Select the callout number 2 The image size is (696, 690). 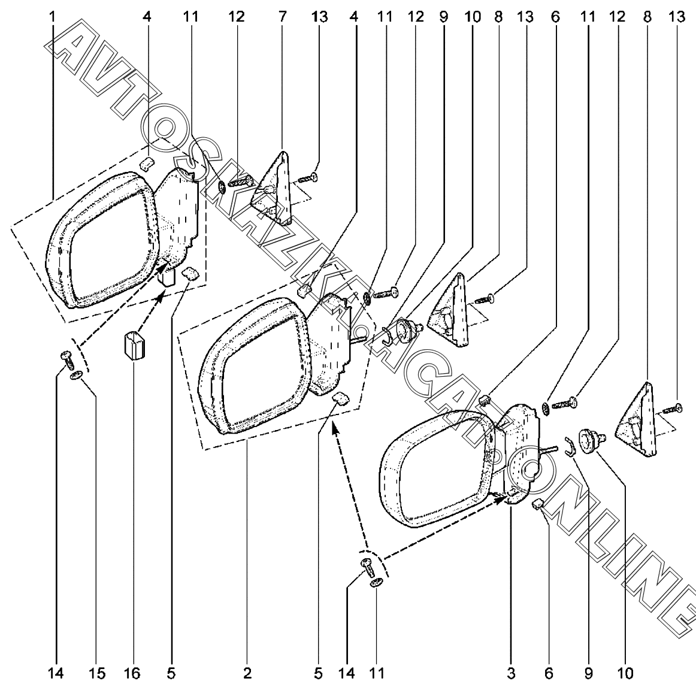pos(247,674)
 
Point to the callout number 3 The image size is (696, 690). pos(511,674)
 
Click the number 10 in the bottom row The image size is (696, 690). pos(624,674)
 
